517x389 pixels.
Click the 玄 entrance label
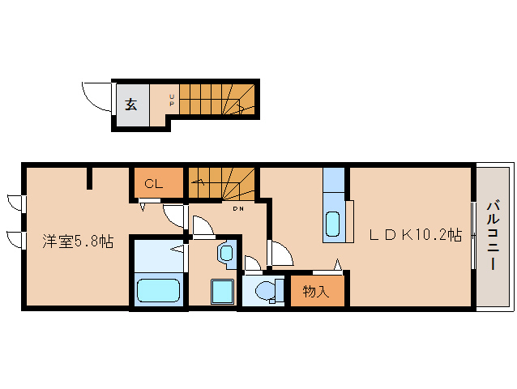click(130, 104)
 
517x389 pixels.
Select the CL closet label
click(153, 184)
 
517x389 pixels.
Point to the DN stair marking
click(238, 209)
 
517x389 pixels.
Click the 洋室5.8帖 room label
click(77, 242)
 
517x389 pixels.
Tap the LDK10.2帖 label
click(416, 235)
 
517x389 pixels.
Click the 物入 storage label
click(316, 291)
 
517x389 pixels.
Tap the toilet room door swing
click(253, 263)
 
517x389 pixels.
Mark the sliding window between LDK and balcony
click(472, 235)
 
